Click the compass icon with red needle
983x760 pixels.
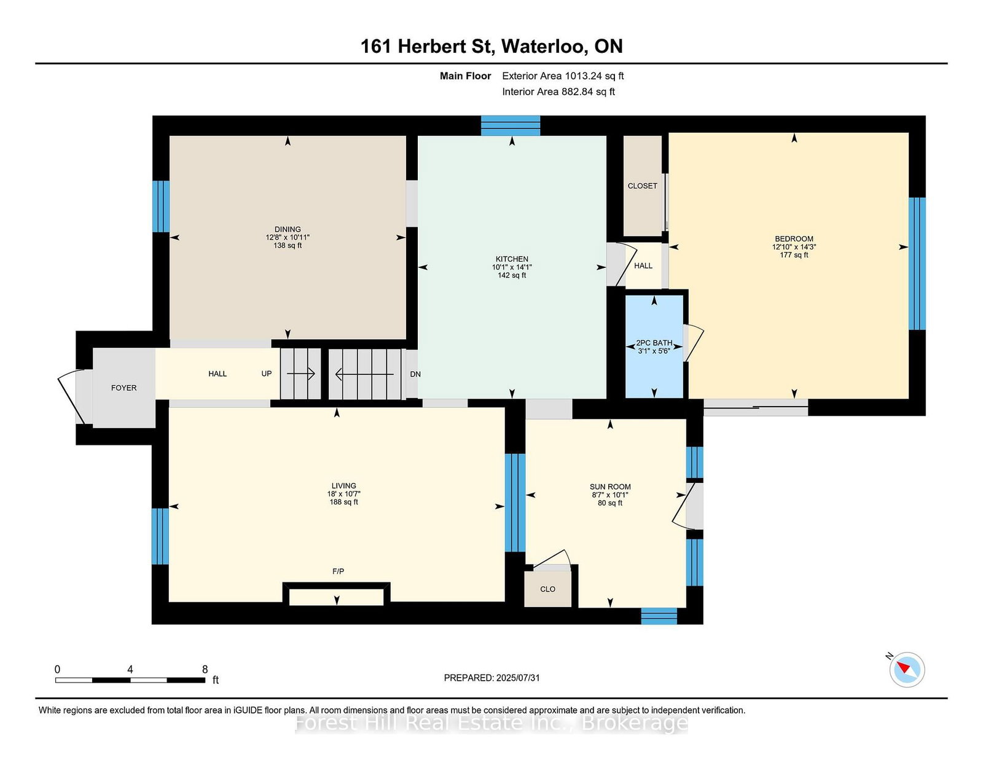[907, 669]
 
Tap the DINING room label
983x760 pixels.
[288, 229]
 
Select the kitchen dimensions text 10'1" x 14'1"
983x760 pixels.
[512, 267]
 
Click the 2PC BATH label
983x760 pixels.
[654, 343]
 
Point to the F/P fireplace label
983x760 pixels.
[338, 571]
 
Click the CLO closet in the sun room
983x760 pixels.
[547, 589]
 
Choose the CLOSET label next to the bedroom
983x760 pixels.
[642, 186]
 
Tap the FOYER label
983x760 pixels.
[123, 388]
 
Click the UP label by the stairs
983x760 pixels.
[266, 374]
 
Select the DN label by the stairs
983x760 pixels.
[415, 374]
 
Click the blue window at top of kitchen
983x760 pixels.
[510, 126]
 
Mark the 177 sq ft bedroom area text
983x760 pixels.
[794, 255]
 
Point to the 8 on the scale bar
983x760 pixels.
[205, 669]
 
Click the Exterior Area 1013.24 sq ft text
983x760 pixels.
[563, 76]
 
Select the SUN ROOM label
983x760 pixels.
[610, 487]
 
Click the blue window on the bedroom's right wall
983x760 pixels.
[916, 264]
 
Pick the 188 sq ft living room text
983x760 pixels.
[343, 502]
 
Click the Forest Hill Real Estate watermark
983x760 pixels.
[491, 723]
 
